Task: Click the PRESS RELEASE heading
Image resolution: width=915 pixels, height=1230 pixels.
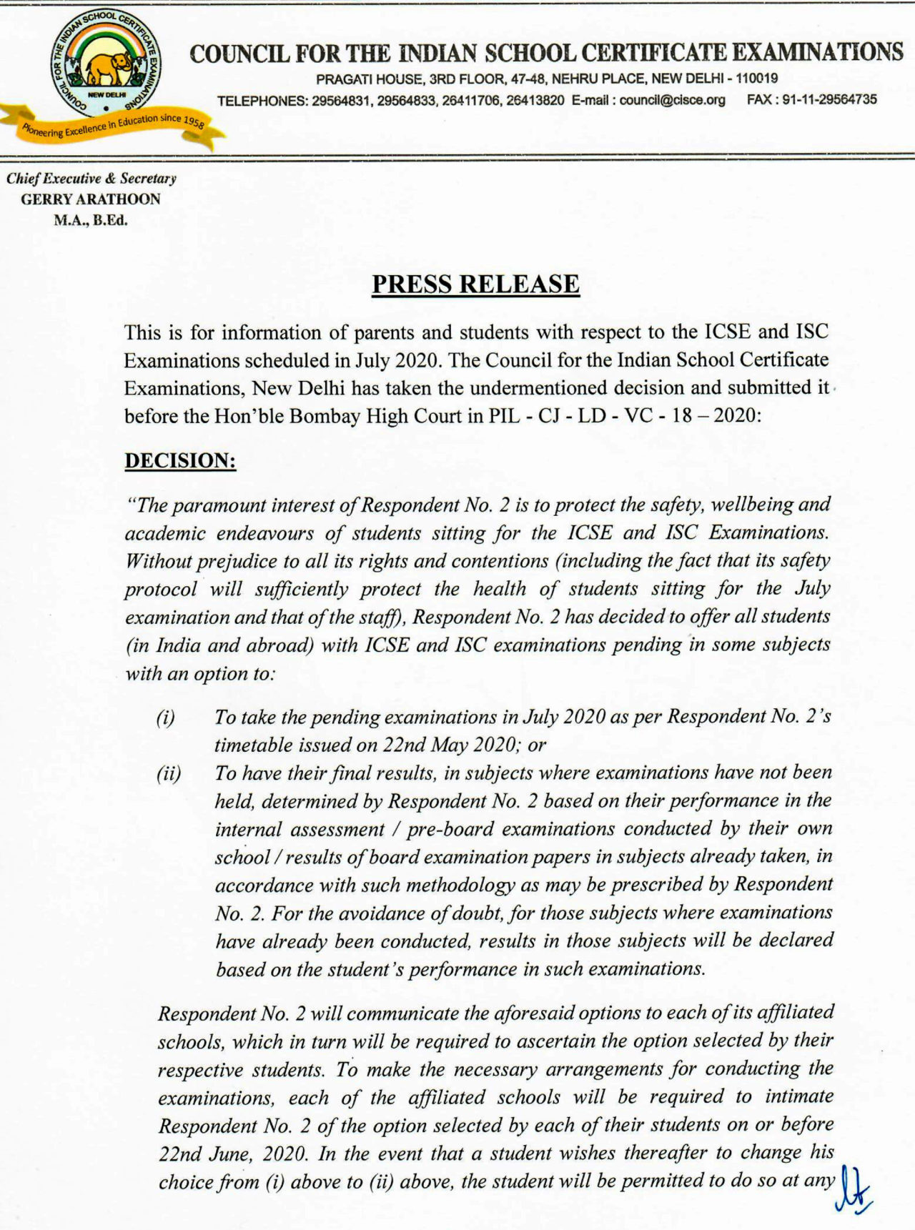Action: [475, 284]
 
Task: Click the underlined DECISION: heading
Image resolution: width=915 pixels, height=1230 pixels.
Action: [180, 461]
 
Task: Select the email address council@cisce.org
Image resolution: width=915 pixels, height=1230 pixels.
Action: [672, 100]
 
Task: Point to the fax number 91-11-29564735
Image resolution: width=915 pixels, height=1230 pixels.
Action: [829, 100]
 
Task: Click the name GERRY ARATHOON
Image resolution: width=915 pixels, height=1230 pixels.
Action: [91, 199]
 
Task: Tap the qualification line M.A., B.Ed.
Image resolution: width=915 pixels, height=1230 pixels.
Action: [91, 220]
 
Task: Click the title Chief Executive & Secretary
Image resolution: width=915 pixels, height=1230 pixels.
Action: [91, 179]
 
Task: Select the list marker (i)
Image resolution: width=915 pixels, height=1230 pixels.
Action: [165, 718]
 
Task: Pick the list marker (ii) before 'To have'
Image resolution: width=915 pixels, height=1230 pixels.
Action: [169, 774]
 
